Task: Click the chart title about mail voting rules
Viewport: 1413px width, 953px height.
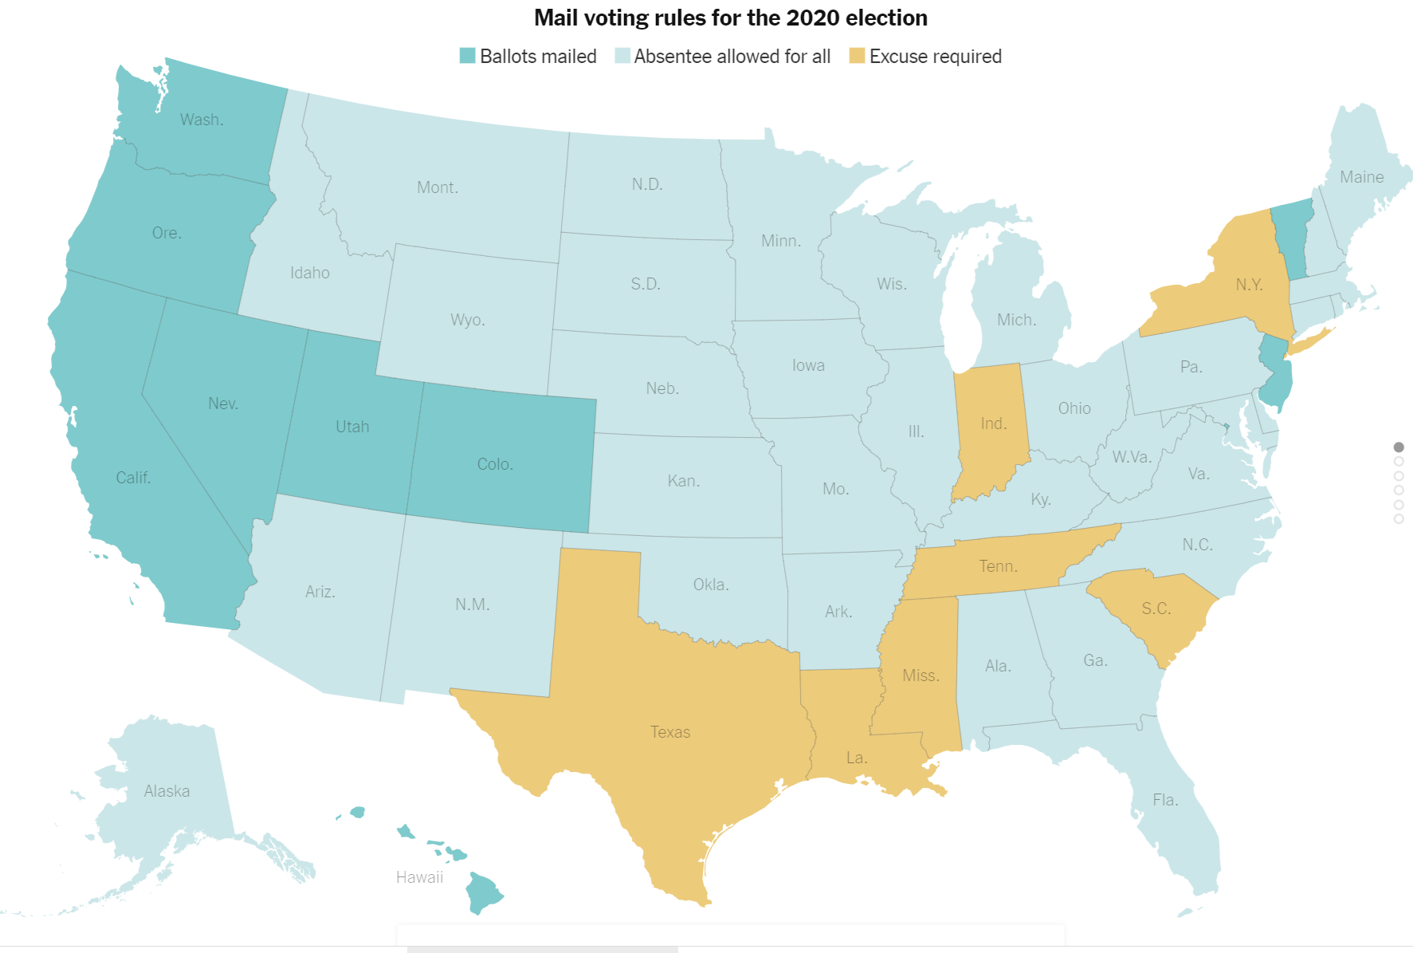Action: pyautogui.click(x=730, y=18)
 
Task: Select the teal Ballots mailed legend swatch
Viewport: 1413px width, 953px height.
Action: pyautogui.click(x=468, y=56)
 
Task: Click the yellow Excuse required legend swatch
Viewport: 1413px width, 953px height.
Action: pyautogui.click(x=857, y=56)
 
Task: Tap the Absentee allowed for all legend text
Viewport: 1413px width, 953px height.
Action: pyautogui.click(x=732, y=57)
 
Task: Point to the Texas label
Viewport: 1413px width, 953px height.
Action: pyautogui.click(x=670, y=732)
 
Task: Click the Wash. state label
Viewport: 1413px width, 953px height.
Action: pyautogui.click(x=202, y=120)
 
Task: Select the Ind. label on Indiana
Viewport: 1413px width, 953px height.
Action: pyautogui.click(x=993, y=423)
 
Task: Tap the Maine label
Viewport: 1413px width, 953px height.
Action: pyautogui.click(x=1361, y=177)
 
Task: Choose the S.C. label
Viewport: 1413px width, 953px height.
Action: pyautogui.click(x=1156, y=608)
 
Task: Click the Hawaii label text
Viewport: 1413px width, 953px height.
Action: pyautogui.click(x=419, y=877)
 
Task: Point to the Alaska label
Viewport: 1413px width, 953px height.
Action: pyautogui.click(x=167, y=791)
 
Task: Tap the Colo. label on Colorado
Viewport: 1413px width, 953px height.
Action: pyautogui.click(x=495, y=464)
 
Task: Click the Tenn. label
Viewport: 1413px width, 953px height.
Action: pyautogui.click(x=998, y=566)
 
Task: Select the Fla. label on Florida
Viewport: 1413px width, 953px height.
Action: pyautogui.click(x=1165, y=800)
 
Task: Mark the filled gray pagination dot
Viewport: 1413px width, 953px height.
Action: pyautogui.click(x=1399, y=447)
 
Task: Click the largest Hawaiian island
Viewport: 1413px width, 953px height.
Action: pyautogui.click(x=483, y=894)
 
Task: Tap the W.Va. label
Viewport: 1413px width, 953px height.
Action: pyautogui.click(x=1132, y=457)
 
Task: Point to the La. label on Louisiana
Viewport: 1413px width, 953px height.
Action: pyautogui.click(x=857, y=758)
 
